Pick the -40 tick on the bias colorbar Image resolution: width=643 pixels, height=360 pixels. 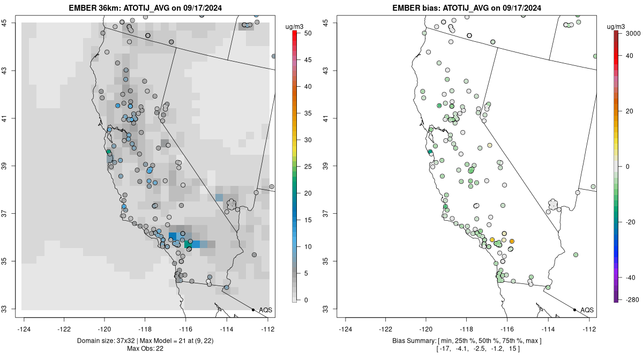[630, 277]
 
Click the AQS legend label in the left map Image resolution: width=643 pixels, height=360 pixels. [265, 310]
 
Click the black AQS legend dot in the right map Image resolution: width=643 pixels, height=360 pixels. [574, 310]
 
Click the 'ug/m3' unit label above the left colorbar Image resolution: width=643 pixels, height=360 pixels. [295, 25]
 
